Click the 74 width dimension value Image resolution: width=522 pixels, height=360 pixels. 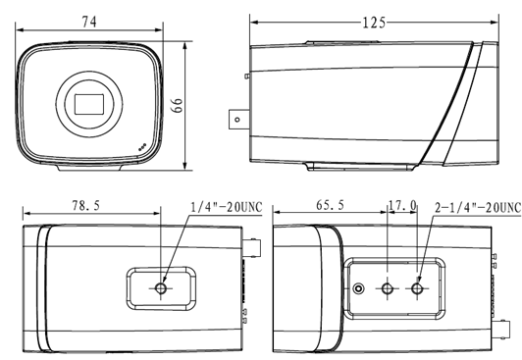pyautogui.click(x=89, y=22)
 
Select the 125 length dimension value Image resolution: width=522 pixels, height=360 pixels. pyautogui.click(x=374, y=23)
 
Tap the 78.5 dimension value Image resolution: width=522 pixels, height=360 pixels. pyautogui.click(x=86, y=205)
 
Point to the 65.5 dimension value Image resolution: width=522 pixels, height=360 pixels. pyautogui.click(x=330, y=205)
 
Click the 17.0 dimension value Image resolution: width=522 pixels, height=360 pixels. pyautogui.click(x=402, y=205)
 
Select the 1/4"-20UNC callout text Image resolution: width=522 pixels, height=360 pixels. pyautogui.click(x=227, y=207)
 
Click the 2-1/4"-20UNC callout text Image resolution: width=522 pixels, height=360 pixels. pyautogui.click(x=478, y=207)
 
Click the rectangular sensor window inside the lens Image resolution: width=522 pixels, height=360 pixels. pyautogui.click(x=89, y=104)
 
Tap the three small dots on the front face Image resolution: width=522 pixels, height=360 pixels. pyautogui.click(x=142, y=147)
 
